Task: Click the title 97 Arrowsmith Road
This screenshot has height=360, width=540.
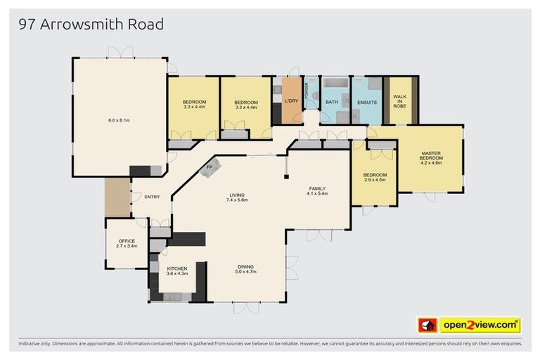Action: pyautogui.click(x=91, y=25)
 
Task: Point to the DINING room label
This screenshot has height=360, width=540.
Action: pyautogui.click(x=245, y=266)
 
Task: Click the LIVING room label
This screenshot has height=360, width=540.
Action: pyautogui.click(x=237, y=195)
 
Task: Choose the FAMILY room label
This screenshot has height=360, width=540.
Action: pyautogui.click(x=318, y=188)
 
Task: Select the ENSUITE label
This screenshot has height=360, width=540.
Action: pyautogui.click(x=367, y=103)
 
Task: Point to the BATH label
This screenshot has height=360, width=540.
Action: pyautogui.click(x=332, y=103)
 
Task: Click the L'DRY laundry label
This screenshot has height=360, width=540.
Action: pyautogui.click(x=291, y=103)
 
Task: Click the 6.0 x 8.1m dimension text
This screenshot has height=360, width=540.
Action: pyautogui.click(x=119, y=120)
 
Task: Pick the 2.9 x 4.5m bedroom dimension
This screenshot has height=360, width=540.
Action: pyautogui.click(x=375, y=179)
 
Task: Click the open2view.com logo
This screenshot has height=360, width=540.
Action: pyautogui.click(x=480, y=325)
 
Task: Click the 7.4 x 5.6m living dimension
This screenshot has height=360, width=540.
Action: pyautogui.click(x=237, y=200)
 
